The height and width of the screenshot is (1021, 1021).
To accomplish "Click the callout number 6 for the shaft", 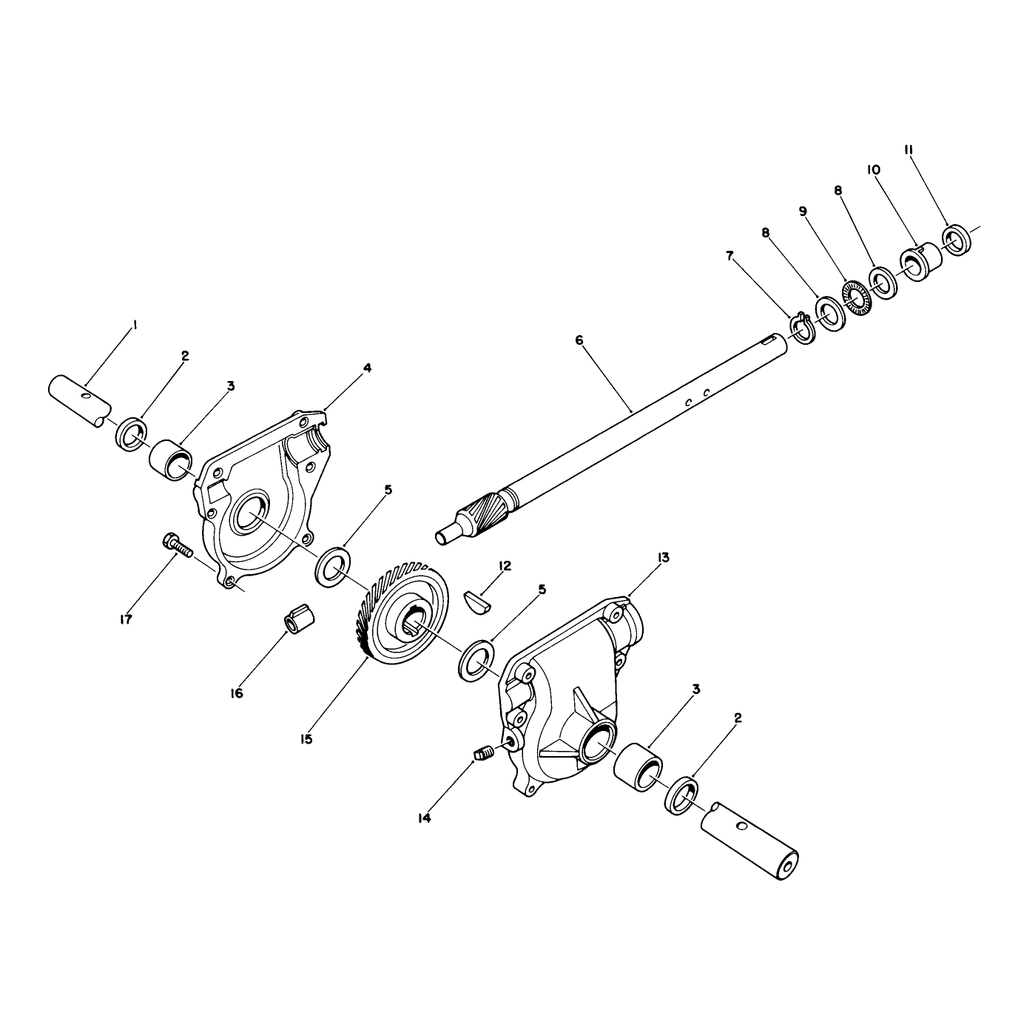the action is (579, 340).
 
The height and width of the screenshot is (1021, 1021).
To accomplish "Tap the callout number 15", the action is (306, 739).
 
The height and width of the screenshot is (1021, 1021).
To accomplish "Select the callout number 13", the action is (664, 557).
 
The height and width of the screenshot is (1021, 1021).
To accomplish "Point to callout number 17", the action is (126, 619).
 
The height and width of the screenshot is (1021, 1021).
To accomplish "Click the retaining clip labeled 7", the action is (802, 329).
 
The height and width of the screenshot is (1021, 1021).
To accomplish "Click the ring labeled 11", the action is (957, 240).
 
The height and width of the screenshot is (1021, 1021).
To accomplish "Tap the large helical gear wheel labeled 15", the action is (400, 615).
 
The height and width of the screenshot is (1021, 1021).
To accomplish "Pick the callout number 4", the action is (367, 367).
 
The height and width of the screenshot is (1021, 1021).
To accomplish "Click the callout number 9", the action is (803, 212).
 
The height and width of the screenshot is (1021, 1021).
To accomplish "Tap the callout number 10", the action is (874, 169).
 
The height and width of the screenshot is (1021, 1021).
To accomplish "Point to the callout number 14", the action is (425, 818).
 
